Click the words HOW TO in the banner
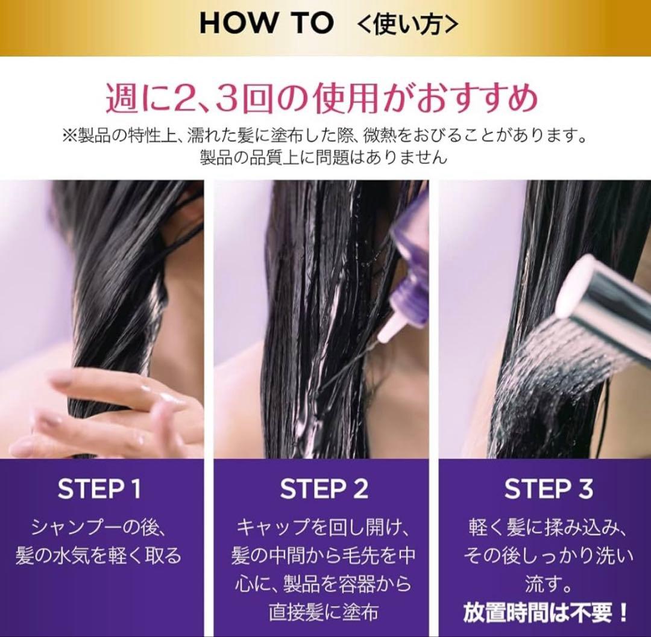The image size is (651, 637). point(266,23)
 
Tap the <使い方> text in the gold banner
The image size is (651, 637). point(407,25)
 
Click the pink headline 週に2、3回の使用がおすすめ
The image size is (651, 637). point(322,99)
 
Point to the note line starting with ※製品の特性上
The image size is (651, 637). point(324,136)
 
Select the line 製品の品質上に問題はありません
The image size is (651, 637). point(324,158)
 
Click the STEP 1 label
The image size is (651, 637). point(99,489)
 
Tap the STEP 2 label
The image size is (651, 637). point(324,489)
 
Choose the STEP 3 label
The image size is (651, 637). point(549,489)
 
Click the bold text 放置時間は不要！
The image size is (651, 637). point(546,613)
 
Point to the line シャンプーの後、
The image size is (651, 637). point(99,528)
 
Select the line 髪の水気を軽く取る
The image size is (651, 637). point(99,556)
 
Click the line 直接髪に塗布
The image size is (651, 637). point(324,612)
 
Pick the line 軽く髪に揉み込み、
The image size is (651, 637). point(548,528)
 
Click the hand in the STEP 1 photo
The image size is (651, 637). point(104,411)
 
